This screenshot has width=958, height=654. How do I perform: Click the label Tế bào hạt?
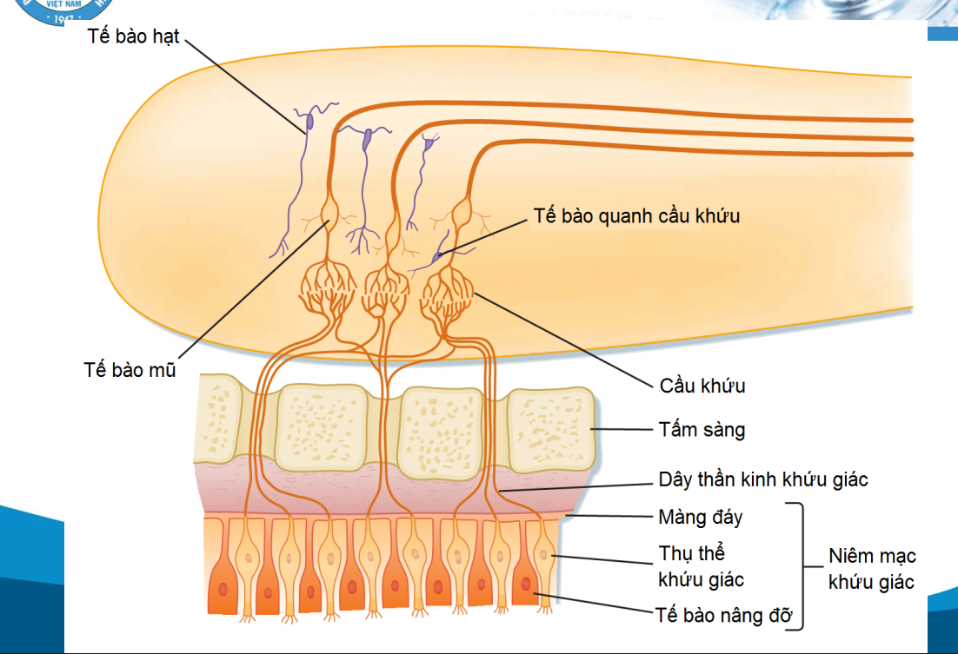tap(133, 36)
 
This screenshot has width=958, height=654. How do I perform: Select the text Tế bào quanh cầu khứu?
tap(637, 215)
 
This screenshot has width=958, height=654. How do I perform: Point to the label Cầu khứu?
tap(702, 385)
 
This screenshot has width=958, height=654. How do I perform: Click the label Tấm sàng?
tap(702, 429)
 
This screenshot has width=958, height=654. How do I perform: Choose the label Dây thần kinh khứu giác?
tap(763, 479)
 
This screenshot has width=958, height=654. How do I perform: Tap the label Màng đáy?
tap(701, 518)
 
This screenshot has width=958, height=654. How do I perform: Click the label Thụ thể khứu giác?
tap(701, 565)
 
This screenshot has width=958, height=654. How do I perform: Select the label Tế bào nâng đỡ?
tap(724, 616)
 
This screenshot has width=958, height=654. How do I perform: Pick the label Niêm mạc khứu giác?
tap(872, 569)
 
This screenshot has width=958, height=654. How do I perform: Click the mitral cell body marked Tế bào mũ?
tap(329, 213)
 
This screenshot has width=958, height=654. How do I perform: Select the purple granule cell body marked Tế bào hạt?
tap(308, 122)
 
